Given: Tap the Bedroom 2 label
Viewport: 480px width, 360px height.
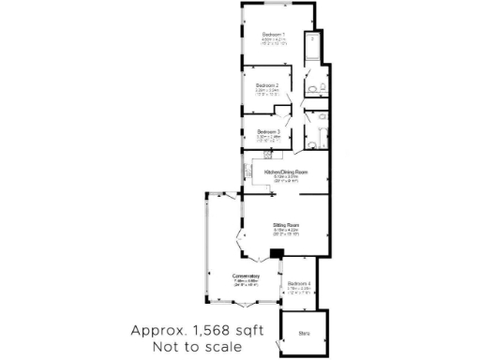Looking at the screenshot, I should (267, 85).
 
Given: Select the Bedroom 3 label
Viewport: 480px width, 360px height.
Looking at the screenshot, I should (269, 131).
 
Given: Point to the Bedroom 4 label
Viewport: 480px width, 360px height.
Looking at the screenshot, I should (299, 283).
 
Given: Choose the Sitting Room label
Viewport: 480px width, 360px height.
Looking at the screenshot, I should (286, 226).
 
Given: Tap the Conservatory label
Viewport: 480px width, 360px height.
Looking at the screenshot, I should (247, 276).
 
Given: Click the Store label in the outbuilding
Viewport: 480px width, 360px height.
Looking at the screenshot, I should (305, 331).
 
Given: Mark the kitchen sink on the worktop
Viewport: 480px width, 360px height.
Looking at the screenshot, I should (247, 171).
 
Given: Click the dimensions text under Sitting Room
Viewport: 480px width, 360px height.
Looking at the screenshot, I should (286, 232).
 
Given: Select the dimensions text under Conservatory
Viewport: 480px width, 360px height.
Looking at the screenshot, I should (247, 282).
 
